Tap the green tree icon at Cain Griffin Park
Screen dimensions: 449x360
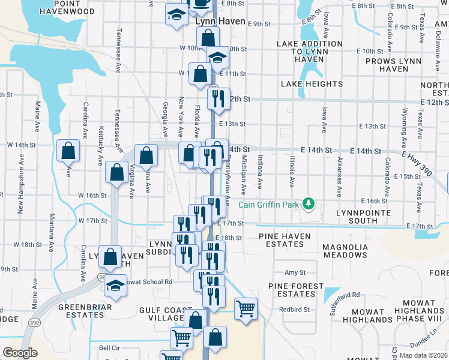[309, 204]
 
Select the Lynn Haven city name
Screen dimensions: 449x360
[220, 22]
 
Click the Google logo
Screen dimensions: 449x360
[20, 353]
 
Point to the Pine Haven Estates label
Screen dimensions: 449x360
[285, 241]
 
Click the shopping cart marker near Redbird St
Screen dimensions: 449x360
[246, 309]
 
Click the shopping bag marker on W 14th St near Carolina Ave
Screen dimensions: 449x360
[68, 151]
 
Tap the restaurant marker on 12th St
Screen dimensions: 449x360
[218, 98]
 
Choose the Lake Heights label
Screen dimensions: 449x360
[312, 84]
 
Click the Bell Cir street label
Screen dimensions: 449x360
[109, 348]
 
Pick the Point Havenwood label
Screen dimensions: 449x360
[69, 7]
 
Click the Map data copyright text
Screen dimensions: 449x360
[424, 355]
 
